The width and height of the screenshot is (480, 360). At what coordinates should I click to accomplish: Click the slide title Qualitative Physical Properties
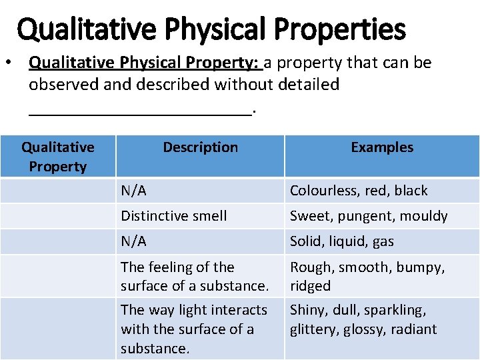pyautogui.click(x=211, y=29)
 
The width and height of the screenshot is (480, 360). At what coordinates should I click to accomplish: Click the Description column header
pyautogui.click(x=200, y=147)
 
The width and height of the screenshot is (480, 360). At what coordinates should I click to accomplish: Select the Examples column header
pyautogui.click(x=382, y=147)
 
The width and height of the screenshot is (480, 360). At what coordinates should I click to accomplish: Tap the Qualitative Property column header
pyautogui.click(x=58, y=157)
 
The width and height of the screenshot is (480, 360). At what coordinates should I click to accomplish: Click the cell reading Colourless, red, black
pyautogui.click(x=358, y=191)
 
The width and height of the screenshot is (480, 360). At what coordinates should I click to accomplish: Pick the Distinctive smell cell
pyautogui.click(x=173, y=216)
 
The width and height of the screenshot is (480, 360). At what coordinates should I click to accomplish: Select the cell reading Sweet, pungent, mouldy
pyautogui.click(x=368, y=216)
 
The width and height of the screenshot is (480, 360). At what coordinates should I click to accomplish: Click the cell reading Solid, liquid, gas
pyautogui.click(x=341, y=241)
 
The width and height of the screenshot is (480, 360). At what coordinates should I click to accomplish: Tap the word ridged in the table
pyautogui.click(x=310, y=286)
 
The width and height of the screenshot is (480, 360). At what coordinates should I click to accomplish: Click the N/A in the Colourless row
pyautogui.click(x=133, y=191)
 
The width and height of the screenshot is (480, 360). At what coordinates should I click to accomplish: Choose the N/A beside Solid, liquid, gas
pyautogui.click(x=133, y=241)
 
